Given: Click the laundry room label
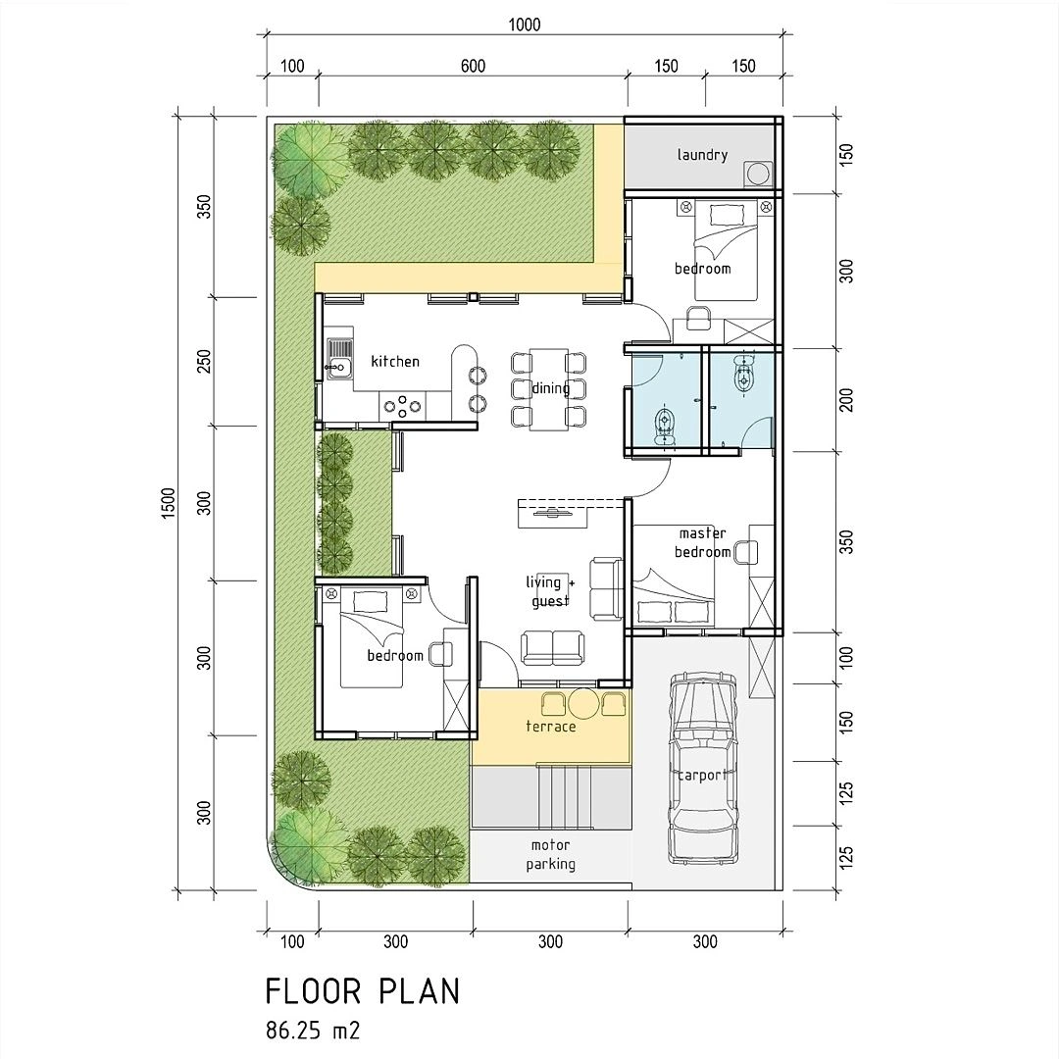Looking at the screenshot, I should (x=702, y=155).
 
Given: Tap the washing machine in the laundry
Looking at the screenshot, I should (x=758, y=173).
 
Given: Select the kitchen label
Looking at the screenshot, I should (x=394, y=362).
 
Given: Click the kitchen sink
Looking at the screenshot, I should (x=338, y=359).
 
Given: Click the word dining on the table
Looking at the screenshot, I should (x=550, y=388).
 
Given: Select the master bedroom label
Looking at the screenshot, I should (x=703, y=543).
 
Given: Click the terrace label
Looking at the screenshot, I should (x=550, y=727).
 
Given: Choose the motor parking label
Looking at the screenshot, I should (x=550, y=855).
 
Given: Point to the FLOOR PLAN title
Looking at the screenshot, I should (x=362, y=991).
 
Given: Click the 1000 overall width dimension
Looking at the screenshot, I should (x=524, y=25).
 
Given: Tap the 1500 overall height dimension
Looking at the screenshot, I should (x=168, y=504).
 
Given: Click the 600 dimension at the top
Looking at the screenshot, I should (x=472, y=67).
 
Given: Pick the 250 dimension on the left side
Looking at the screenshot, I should (x=205, y=362).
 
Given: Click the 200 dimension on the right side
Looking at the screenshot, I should (x=846, y=400).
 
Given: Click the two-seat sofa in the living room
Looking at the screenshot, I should (x=552, y=647).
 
